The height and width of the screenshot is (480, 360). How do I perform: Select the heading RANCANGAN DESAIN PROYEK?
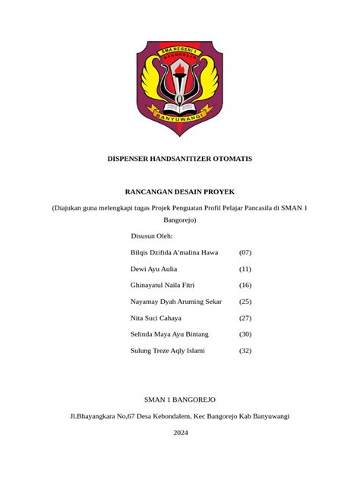[180, 192]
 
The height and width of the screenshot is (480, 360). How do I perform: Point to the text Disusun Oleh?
[152, 235]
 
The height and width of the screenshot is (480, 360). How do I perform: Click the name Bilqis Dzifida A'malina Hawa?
[175, 252]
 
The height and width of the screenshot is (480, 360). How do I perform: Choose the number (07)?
[245, 252]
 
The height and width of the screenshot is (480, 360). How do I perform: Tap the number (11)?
[245, 269]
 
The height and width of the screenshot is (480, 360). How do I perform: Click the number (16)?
[245, 285]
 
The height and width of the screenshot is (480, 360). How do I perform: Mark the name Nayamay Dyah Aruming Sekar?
[176, 302]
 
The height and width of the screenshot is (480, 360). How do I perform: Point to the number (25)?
[245, 302]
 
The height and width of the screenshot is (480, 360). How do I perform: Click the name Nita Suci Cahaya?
[156, 318]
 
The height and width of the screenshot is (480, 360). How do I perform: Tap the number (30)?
[245, 334]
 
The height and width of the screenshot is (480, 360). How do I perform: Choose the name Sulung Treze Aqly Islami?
[168, 351]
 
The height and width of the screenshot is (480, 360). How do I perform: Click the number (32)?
[245, 351]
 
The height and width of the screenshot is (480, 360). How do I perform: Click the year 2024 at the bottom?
[180, 433]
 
